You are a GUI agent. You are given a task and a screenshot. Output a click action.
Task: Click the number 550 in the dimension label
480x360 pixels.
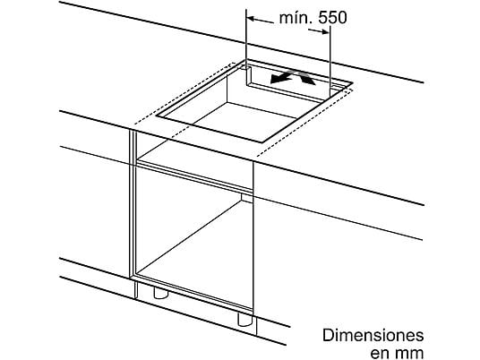(x=332, y=18)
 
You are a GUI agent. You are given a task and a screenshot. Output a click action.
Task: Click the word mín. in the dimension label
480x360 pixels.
(x=295, y=18)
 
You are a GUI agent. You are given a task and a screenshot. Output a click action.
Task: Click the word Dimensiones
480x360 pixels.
(x=373, y=336)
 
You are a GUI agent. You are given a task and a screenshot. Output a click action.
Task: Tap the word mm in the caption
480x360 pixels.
(x=408, y=352)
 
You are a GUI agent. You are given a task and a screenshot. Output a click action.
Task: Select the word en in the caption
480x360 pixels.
(x=380, y=352)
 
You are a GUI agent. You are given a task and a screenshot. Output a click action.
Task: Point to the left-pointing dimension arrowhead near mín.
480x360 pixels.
(x=251, y=19)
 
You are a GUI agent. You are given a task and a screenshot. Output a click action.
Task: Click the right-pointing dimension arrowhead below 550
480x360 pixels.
(x=325, y=31)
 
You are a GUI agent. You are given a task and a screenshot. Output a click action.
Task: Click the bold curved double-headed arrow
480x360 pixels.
(x=292, y=77)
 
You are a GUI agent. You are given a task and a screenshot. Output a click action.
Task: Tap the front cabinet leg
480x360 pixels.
(x=245, y=320)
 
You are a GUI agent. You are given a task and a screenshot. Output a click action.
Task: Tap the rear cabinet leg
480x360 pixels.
(x=160, y=293)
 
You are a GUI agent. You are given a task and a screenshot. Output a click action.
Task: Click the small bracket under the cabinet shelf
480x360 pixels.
(x=246, y=198)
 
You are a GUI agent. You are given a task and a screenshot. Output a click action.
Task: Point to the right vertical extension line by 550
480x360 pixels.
(x=330, y=61)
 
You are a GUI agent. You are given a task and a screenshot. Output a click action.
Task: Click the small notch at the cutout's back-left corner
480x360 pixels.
(x=246, y=68)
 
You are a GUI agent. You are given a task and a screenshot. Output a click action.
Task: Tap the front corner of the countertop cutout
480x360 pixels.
(x=262, y=142)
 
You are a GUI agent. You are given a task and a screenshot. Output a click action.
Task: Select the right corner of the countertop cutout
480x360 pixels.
(x=353, y=82)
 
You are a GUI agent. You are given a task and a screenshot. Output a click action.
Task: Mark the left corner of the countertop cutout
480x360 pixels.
(x=156, y=116)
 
